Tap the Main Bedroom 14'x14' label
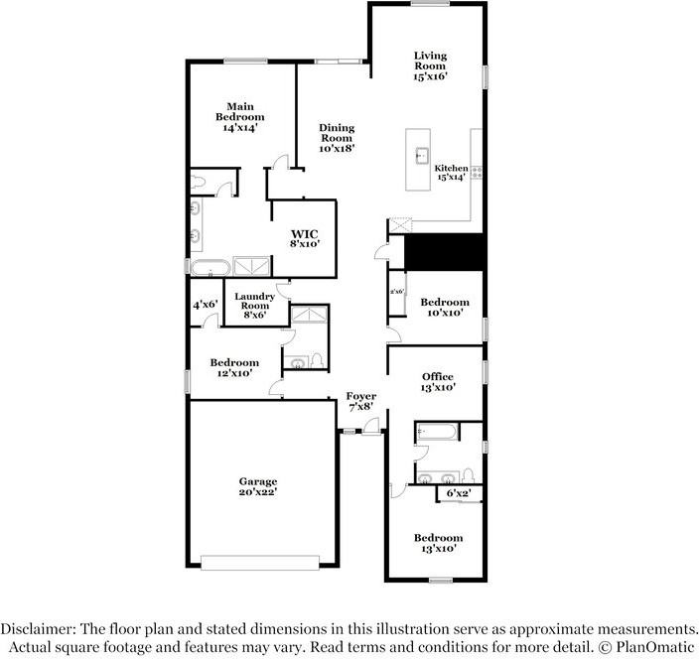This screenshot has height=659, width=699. [239, 116]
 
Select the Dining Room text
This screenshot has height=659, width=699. [337, 137]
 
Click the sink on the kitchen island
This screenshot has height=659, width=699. [421, 154]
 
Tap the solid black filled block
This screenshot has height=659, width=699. [446, 251]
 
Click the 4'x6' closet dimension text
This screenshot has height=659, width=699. [205, 305]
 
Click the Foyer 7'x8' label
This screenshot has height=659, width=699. [360, 401]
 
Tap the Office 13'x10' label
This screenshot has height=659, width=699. [437, 382]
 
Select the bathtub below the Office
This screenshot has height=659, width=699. [437, 432]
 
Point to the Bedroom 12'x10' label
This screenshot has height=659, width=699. [234, 367]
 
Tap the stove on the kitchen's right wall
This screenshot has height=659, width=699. [477, 172]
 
